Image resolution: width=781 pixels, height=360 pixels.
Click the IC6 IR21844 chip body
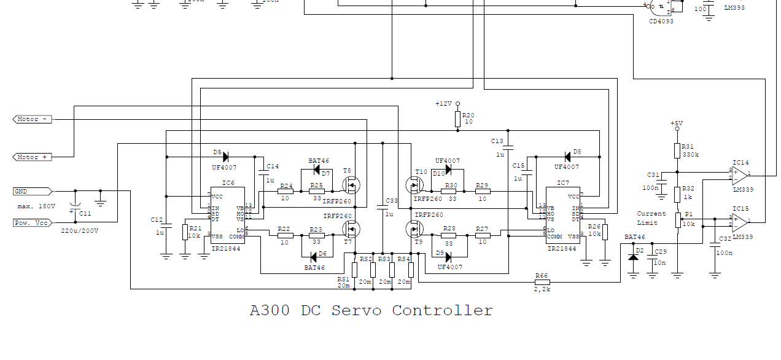click(x=227, y=216)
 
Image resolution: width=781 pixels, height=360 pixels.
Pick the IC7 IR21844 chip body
click(x=563, y=216)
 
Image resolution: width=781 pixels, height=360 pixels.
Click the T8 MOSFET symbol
click(x=351, y=184)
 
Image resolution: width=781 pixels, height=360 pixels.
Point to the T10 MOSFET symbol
click(x=414, y=184)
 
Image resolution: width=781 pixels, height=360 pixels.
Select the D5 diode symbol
click(x=225, y=156)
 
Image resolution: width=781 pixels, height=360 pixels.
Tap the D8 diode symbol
click(x=567, y=157)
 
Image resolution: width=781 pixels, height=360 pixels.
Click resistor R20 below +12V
click(x=457, y=118)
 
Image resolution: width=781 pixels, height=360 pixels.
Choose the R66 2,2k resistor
click(x=542, y=283)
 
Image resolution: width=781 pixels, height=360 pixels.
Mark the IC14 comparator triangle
click(x=740, y=174)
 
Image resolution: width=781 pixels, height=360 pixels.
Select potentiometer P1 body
click(x=677, y=220)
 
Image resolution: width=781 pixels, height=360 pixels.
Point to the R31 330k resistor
click(x=677, y=151)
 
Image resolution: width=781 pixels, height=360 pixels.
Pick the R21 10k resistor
click(x=185, y=232)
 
